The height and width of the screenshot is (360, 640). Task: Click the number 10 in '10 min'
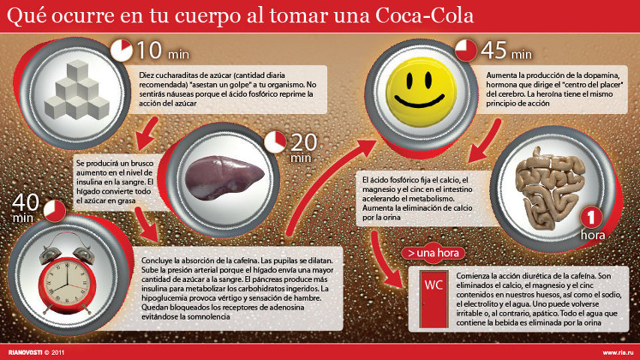[149, 51]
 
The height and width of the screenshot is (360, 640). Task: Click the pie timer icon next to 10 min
[122, 49]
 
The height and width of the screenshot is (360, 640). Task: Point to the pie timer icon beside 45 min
[467, 50]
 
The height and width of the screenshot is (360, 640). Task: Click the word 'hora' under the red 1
[593, 235]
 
